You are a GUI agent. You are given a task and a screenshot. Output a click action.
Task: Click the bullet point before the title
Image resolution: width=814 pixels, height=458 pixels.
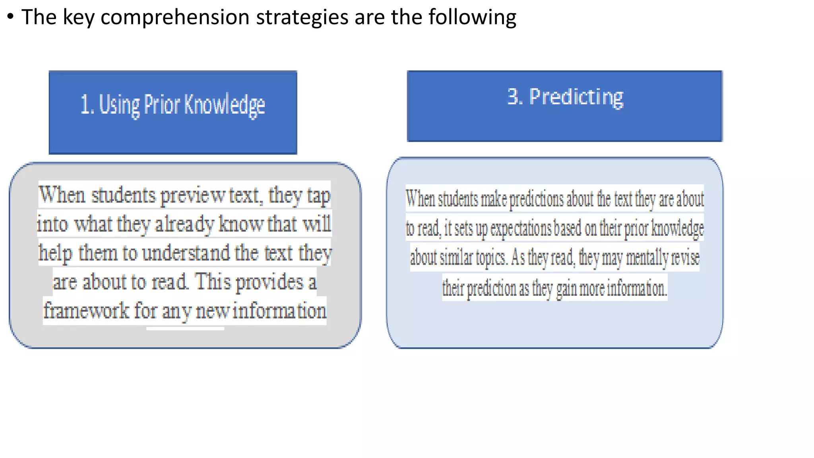10,17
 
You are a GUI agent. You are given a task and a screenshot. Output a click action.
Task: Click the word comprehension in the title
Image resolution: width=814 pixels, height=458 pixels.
174,18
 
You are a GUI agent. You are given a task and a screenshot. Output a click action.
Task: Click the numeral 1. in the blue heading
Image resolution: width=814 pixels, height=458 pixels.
87,105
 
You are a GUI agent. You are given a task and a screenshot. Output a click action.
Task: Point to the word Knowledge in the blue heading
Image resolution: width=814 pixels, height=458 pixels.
225,105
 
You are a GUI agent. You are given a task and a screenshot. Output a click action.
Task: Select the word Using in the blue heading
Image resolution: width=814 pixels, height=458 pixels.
119,105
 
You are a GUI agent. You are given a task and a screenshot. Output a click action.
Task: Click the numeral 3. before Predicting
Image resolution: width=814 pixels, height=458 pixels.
515,97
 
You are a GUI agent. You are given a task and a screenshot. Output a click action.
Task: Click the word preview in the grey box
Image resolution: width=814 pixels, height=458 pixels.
193,196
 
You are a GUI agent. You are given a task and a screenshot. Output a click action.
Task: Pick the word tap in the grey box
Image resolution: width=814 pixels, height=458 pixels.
318,196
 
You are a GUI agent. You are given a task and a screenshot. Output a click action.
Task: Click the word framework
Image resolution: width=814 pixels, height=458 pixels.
86,311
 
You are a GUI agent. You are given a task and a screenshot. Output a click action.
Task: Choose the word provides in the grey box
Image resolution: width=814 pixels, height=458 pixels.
269,282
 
